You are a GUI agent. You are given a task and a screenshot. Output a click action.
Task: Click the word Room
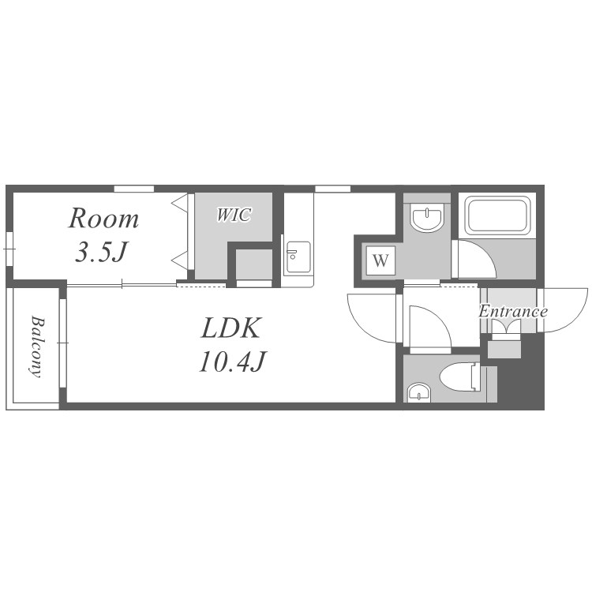(x=103, y=219)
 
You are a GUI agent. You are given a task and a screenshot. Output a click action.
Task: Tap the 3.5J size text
(x=101, y=252)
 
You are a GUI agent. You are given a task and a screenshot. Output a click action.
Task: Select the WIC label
(x=234, y=215)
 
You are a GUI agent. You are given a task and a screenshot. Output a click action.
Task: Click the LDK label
(x=231, y=328)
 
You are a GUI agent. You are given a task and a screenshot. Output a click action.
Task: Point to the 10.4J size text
(x=233, y=362)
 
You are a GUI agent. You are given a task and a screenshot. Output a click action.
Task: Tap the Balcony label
(x=37, y=347)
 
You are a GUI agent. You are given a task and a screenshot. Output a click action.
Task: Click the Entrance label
(x=513, y=312)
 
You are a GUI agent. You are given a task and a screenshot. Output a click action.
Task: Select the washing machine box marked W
(x=380, y=260)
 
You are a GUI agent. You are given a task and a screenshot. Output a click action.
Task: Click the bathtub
(x=496, y=215)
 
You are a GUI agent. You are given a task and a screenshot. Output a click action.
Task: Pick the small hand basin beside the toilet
(x=418, y=393)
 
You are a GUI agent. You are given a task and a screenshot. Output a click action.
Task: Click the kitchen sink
(x=298, y=257)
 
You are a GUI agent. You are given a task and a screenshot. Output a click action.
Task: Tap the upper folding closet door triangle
(x=180, y=203)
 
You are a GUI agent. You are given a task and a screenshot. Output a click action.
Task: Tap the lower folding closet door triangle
(x=180, y=260)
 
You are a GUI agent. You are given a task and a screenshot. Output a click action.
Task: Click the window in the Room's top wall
(x=134, y=189)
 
